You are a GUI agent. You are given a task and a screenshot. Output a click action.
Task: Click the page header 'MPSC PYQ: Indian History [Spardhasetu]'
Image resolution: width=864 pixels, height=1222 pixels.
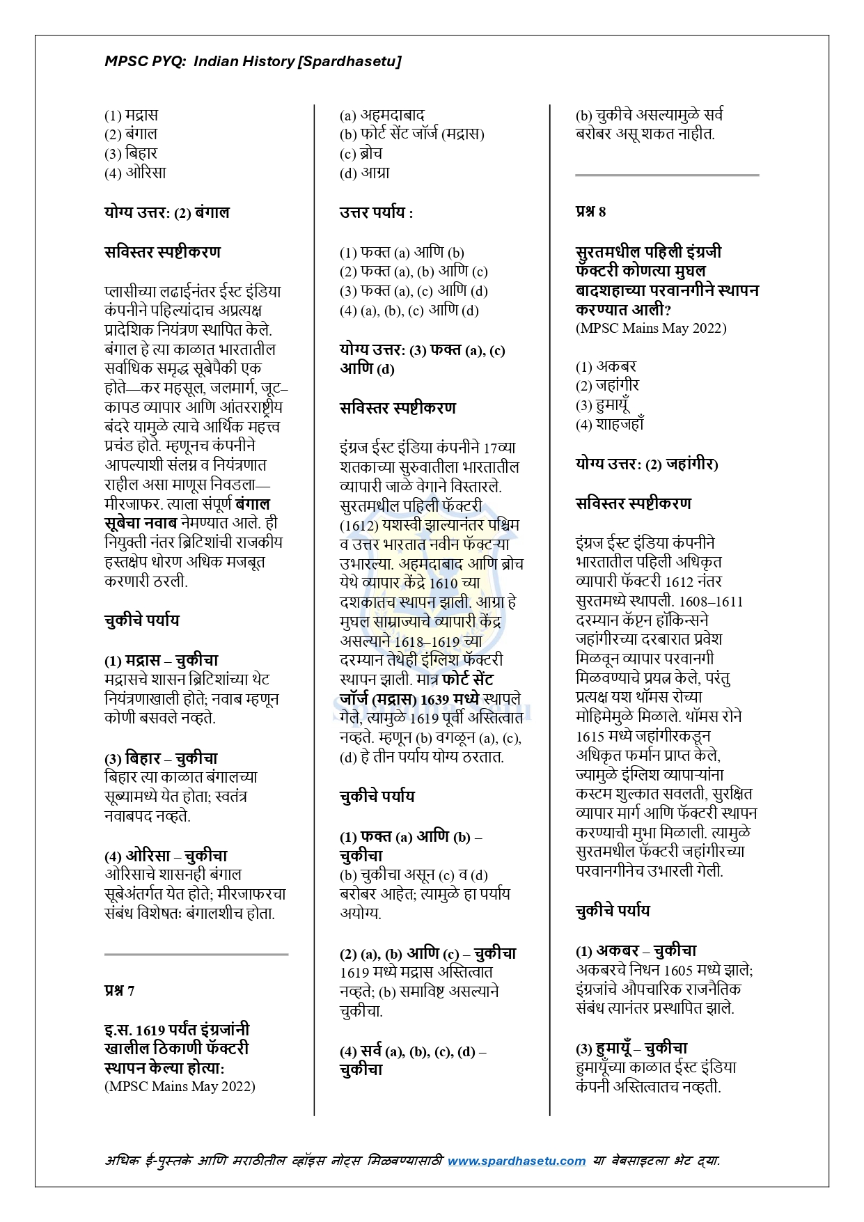pyautogui.click(x=253, y=61)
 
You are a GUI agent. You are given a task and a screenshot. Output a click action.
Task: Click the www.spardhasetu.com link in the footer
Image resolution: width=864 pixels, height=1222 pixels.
pyautogui.click(x=516, y=1160)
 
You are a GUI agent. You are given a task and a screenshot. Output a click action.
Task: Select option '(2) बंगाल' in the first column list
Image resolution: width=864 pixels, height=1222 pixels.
pyautogui.click(x=131, y=134)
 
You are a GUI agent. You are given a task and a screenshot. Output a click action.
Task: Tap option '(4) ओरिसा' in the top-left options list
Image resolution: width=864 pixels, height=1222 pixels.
pyautogui.click(x=135, y=173)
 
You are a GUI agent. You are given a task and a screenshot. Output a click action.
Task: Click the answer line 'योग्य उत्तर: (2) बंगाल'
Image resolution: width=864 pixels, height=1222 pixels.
pyautogui.click(x=166, y=212)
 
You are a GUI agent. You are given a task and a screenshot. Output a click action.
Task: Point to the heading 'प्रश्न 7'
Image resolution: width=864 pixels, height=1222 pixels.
pyautogui.click(x=120, y=990)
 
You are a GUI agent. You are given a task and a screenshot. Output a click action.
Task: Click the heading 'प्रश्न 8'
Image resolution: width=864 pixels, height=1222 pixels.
pyautogui.click(x=590, y=212)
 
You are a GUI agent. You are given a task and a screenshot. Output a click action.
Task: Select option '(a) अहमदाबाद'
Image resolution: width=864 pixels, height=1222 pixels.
pyautogui.click(x=382, y=115)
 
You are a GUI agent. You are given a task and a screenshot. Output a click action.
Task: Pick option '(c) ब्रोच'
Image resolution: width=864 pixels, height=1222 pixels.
pyautogui.click(x=361, y=154)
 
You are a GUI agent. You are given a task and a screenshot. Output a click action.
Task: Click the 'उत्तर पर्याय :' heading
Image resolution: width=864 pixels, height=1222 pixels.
pyautogui.click(x=376, y=212)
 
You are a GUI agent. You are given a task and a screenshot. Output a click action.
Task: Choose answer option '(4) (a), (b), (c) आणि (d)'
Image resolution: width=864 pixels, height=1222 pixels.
pyautogui.click(x=409, y=311)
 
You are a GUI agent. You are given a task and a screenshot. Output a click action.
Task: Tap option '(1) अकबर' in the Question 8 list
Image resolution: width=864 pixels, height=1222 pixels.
pyautogui.click(x=606, y=366)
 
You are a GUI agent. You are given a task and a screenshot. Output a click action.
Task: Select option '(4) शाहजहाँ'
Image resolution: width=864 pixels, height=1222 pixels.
pyautogui.click(x=609, y=424)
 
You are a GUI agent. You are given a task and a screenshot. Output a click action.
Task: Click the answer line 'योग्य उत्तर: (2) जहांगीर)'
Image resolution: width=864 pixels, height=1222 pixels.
pyautogui.click(x=647, y=464)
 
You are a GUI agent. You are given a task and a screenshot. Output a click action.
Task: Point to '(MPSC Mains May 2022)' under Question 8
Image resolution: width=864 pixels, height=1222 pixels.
pyautogui.click(x=651, y=329)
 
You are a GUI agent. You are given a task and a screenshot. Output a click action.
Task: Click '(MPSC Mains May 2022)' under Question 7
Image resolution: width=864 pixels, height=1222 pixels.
pyautogui.click(x=180, y=1086)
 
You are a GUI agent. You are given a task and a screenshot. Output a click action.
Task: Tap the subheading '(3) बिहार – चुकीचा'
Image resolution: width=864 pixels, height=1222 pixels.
pyautogui.click(x=161, y=758)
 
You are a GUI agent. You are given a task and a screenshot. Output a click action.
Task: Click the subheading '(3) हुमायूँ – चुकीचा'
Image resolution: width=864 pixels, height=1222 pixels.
pyautogui.click(x=631, y=1048)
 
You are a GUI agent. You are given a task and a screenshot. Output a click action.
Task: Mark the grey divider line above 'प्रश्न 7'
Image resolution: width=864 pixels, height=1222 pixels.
pyautogui.click(x=196, y=955)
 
